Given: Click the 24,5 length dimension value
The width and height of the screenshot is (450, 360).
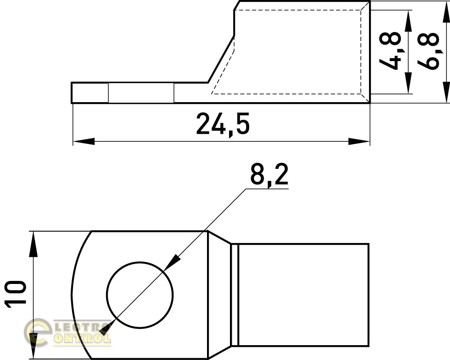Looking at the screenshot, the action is pyautogui.click(x=223, y=124).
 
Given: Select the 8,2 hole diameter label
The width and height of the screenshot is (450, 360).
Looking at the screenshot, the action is pyautogui.click(x=269, y=175).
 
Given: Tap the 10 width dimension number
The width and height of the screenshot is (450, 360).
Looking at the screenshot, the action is pyautogui.click(x=16, y=294).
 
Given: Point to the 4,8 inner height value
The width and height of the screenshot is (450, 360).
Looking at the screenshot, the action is pyautogui.click(x=389, y=51).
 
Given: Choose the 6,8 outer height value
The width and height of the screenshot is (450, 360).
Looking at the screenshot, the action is pyautogui.click(x=428, y=51).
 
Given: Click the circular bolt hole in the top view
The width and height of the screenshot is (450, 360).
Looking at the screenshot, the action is pyautogui.click(x=140, y=295).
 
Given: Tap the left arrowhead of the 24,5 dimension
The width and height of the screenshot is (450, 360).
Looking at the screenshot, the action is pyautogui.click(x=84, y=141).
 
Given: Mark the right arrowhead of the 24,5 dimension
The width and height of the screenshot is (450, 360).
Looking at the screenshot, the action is pyautogui.click(x=359, y=141).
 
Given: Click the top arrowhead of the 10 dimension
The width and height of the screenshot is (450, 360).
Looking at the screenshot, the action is pyautogui.click(x=34, y=244).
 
